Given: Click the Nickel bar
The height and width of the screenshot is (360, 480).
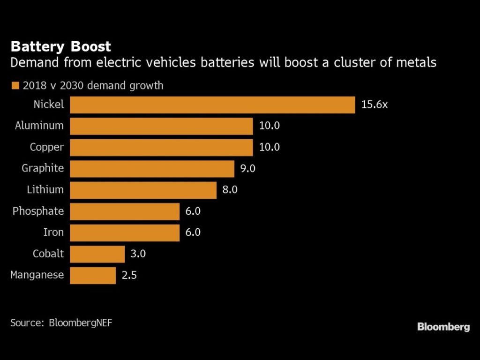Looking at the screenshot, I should [212, 105].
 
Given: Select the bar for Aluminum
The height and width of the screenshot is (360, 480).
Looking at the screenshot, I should [161, 126].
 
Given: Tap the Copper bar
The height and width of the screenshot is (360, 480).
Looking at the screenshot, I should [161, 147].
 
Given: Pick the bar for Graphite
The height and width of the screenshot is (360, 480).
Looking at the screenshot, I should [152, 169].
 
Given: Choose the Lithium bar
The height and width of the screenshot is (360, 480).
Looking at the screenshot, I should [143, 190].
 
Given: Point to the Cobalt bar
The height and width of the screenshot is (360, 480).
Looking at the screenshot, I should [97, 254].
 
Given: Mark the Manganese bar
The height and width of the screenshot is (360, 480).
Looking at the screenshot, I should [93, 275].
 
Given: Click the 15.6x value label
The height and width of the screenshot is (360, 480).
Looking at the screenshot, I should [375, 105].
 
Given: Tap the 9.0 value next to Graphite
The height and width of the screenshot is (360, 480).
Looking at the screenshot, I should [247, 169].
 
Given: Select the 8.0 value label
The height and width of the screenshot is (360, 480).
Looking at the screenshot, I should [230, 190].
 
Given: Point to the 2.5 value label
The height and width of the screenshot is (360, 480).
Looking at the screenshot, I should [129, 275].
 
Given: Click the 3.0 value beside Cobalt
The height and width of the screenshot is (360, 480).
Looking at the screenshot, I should [138, 254].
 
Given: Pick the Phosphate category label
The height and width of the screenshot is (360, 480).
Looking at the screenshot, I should [38, 211].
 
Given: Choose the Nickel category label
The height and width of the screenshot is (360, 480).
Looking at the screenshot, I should [48, 105].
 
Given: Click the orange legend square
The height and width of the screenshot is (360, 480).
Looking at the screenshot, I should [15, 86].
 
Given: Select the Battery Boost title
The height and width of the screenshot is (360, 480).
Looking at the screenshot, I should [60, 47].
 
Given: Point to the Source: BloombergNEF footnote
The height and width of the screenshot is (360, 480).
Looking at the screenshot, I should [61, 322].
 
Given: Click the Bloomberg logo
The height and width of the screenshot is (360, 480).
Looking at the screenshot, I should [443, 327].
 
